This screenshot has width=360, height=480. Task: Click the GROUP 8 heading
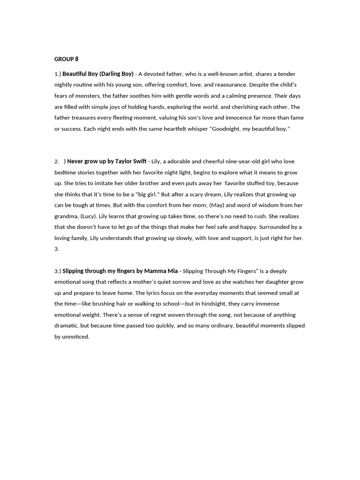click(x=67, y=59)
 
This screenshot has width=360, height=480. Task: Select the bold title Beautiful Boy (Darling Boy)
click(x=98, y=74)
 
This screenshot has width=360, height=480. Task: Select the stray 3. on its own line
click(x=57, y=249)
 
